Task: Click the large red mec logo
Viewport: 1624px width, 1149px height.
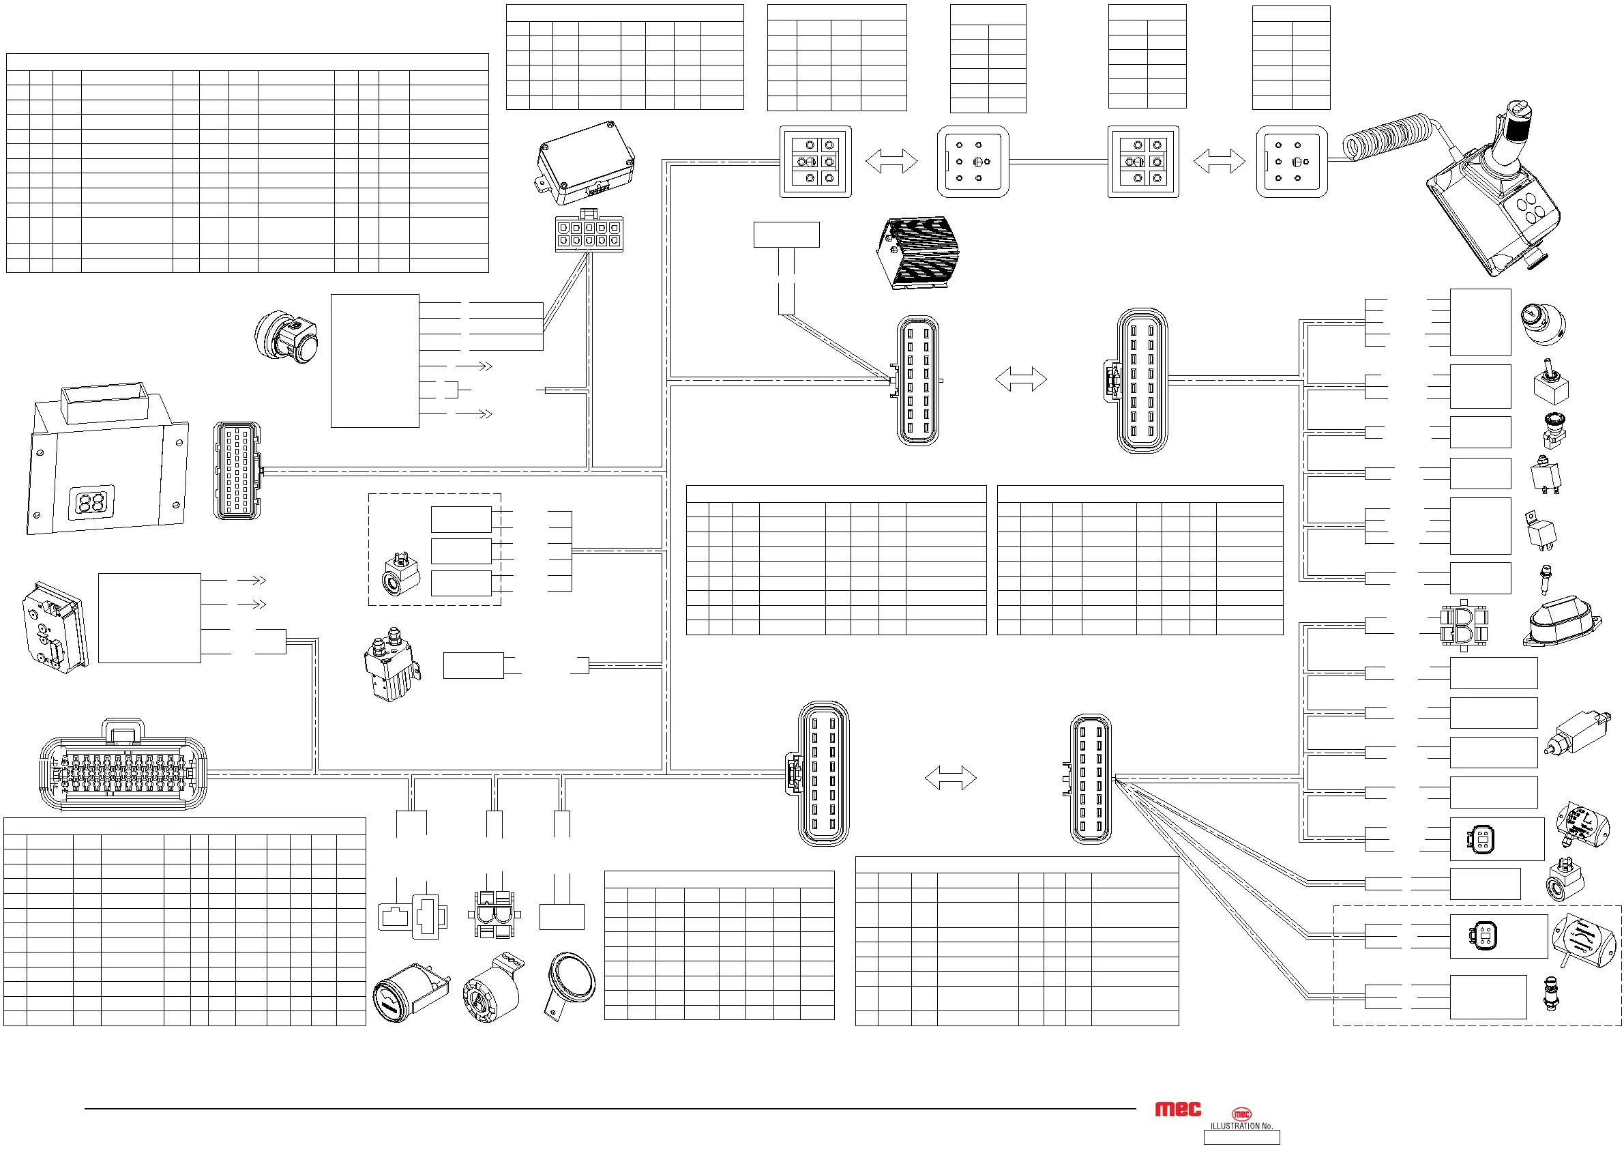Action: (1178, 1109)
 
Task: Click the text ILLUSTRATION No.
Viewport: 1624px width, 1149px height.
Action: (1241, 1126)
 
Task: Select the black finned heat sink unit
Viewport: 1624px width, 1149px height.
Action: (918, 252)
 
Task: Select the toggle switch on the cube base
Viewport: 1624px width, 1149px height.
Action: (1550, 383)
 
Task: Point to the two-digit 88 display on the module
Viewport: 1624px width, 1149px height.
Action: (91, 503)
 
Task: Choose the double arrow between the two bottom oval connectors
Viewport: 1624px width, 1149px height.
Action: (950, 778)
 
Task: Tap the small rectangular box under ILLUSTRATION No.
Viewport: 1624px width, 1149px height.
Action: (1241, 1137)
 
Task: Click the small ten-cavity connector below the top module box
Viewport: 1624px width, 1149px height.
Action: (589, 233)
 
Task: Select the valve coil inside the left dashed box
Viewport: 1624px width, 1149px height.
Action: (400, 574)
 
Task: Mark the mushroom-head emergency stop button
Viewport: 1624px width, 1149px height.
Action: (1553, 429)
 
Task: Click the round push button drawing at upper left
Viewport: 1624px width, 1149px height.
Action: (286, 337)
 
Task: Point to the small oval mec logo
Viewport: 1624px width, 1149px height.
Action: (1241, 1114)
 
